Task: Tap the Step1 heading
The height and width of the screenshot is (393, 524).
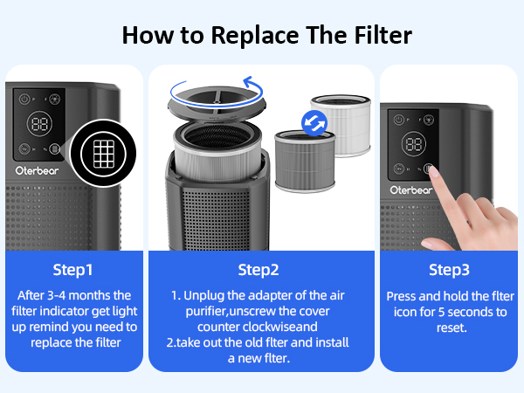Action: click(73, 269)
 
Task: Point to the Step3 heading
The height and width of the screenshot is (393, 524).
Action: click(449, 269)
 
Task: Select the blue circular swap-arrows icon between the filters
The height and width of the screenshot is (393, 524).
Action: click(310, 121)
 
